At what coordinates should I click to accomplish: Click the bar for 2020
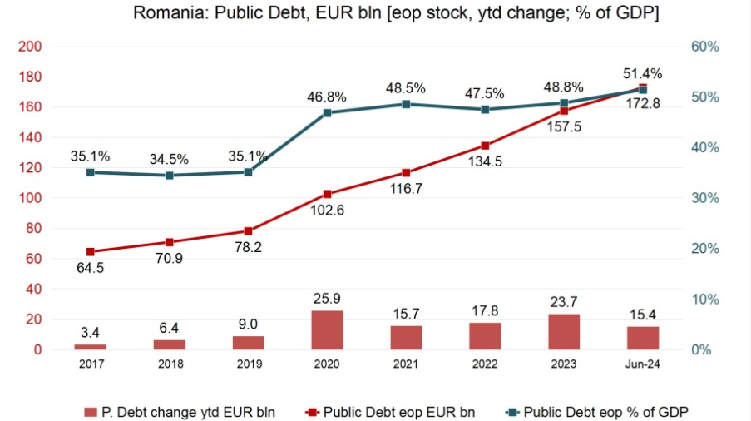point(327,330)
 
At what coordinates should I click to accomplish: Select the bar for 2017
point(90,346)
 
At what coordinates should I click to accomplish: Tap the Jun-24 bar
point(643,338)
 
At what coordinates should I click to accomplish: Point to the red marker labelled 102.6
point(327,194)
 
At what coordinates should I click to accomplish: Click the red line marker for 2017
point(90,251)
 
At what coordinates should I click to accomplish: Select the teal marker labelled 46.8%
point(327,112)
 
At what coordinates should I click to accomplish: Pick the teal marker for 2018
point(169,176)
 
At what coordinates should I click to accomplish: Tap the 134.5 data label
point(485,162)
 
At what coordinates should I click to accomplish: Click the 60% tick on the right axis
point(705,47)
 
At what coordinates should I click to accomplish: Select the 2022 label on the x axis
point(485,364)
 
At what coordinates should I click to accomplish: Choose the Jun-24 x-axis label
point(643,364)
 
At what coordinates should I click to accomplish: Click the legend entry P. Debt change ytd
point(180,411)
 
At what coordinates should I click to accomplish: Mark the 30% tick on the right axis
point(705,198)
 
